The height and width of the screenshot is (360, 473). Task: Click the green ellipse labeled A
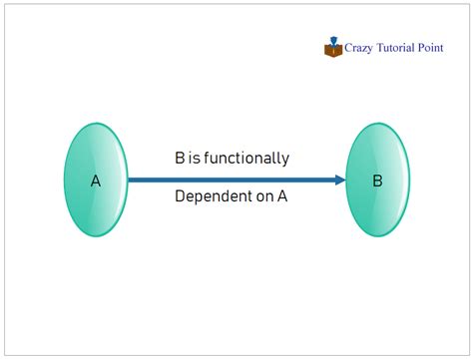[x=96, y=180]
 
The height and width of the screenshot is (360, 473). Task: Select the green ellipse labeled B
[x=377, y=180]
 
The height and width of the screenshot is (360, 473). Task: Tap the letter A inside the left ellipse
[x=96, y=181]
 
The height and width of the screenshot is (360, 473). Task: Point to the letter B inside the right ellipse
[x=377, y=181]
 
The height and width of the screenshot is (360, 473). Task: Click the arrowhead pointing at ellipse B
[x=341, y=180]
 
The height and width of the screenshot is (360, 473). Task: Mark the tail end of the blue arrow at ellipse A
[x=131, y=180]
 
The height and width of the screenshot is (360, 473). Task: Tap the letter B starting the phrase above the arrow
[x=180, y=158]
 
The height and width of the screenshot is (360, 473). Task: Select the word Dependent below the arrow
[x=210, y=197]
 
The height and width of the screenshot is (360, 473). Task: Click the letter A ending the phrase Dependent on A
[x=282, y=197]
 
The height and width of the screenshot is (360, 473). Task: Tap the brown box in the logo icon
[x=333, y=50]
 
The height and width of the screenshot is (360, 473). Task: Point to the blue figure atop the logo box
[x=332, y=41]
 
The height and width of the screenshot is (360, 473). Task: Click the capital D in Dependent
[x=180, y=197]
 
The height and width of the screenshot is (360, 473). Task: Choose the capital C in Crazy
[x=350, y=46]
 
